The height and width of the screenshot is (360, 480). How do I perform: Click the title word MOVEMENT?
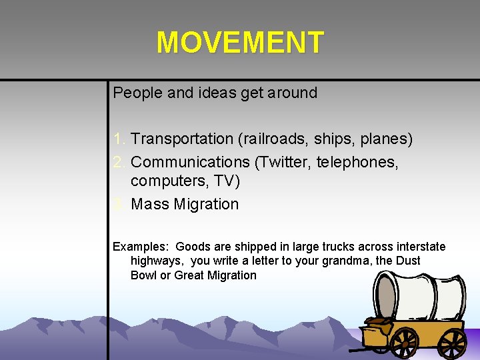240,43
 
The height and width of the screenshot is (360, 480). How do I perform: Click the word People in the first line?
137,93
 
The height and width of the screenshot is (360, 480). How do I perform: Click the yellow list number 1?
119,139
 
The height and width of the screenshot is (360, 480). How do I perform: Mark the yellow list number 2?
119,162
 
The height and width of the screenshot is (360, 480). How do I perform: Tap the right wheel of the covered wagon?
453,343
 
